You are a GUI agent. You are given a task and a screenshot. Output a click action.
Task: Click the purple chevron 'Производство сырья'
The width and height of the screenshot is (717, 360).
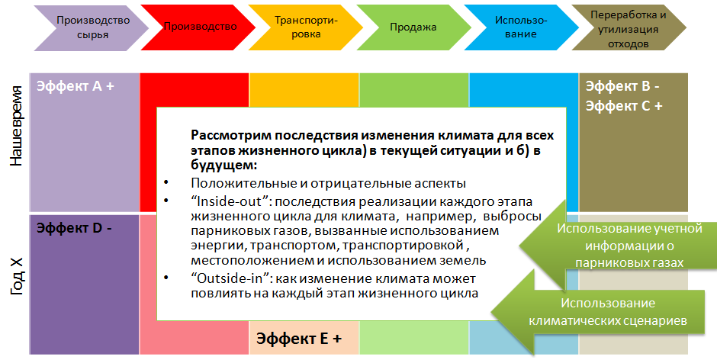tap(92, 27)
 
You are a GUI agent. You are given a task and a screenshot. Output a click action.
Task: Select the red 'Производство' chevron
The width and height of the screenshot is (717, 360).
tap(198, 27)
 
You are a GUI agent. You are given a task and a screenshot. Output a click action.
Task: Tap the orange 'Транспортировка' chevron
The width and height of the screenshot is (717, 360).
tap(305, 27)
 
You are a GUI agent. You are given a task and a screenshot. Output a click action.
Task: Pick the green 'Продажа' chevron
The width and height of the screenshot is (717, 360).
tap(413, 27)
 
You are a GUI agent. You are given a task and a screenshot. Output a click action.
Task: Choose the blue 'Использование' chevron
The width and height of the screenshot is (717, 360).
tap(521, 27)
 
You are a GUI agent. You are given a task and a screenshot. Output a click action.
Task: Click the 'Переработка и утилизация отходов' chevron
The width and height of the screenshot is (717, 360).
tap(629, 27)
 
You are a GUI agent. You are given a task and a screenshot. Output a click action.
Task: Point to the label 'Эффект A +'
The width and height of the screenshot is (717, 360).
tap(76, 86)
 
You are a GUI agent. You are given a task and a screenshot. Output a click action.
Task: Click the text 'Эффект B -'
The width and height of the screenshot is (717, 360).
tap(622, 86)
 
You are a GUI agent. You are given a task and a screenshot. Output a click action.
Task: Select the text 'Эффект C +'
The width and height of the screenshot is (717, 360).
tap(624, 106)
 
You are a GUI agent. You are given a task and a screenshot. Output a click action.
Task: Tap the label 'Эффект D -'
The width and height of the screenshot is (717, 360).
tap(74, 228)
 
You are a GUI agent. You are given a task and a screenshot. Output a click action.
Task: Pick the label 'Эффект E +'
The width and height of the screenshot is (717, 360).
tap(299, 339)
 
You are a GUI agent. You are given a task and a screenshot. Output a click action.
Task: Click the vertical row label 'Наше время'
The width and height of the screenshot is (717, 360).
tap(16, 126)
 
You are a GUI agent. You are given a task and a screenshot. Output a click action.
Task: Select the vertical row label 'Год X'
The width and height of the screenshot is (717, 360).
tap(16, 276)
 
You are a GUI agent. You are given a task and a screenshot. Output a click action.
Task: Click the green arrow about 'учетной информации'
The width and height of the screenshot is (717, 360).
tap(612, 246)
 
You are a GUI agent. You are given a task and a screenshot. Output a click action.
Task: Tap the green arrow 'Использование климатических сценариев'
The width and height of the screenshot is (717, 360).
tap(598, 312)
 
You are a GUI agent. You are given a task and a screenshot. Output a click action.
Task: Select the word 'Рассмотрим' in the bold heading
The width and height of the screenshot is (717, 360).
tap(229, 136)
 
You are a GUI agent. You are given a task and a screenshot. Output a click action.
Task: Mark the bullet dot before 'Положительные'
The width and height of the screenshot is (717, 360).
tap(166, 182)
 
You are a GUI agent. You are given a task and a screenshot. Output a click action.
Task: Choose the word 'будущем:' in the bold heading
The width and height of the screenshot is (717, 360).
tap(224, 166)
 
